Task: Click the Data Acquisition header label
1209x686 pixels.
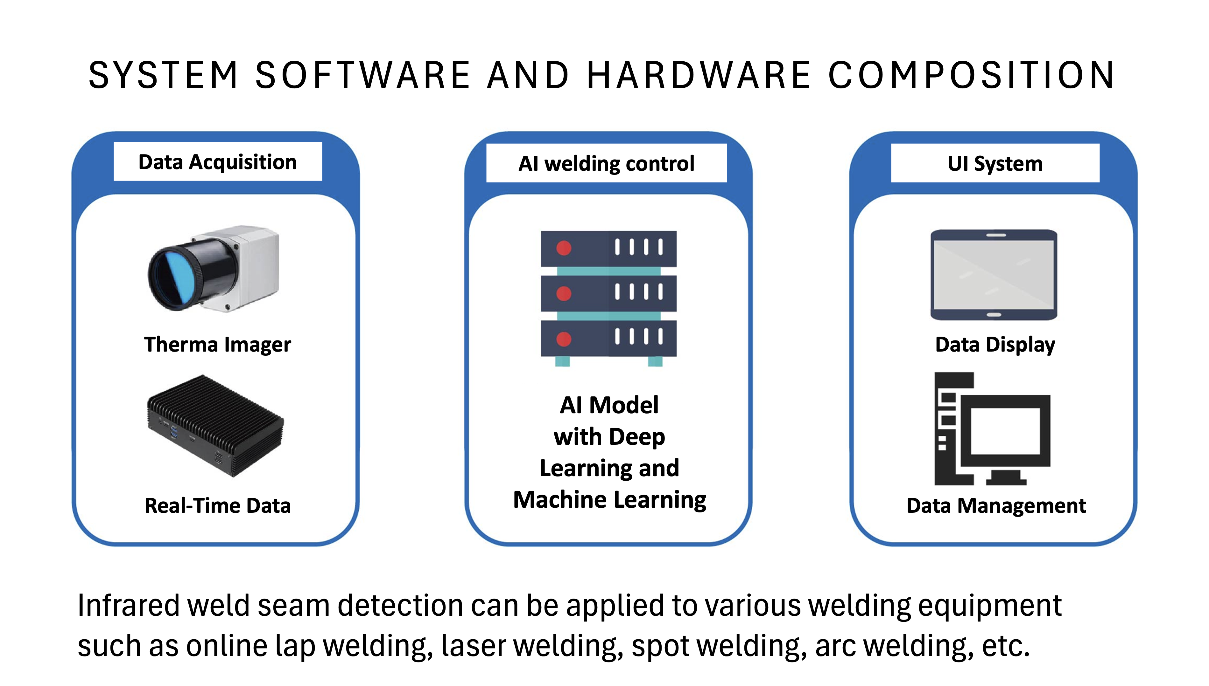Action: [217, 162]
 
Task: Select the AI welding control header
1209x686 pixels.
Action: [606, 163]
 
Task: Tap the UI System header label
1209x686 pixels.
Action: [995, 163]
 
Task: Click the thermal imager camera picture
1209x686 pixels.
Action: [214, 269]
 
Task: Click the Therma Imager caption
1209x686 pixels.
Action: [217, 344]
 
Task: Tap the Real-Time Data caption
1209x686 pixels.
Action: [217, 505]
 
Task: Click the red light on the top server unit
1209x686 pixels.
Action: [564, 248]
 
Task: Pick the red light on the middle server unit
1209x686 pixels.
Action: [564, 293]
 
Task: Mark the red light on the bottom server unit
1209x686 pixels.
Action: [564, 339]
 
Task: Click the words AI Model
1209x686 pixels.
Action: [609, 405]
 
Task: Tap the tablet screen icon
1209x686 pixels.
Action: [994, 275]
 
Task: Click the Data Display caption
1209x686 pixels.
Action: [995, 344]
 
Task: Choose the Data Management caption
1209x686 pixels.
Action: [996, 505]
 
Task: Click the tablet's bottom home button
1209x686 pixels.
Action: [994, 315]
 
